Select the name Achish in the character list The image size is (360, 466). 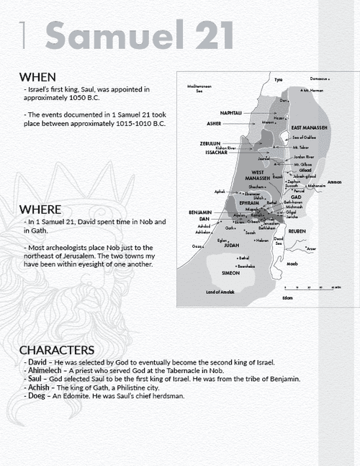pos(39,387)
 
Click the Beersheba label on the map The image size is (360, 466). pos(246,266)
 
